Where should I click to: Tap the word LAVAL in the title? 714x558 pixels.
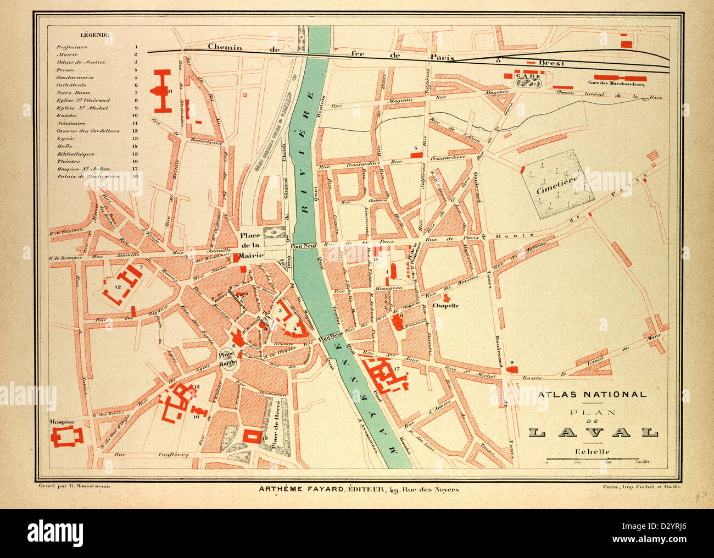pyautogui.click(x=593, y=432)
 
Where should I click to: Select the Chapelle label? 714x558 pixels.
pyautogui.click(x=445, y=305)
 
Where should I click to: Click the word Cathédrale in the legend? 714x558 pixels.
pyautogui.click(x=72, y=85)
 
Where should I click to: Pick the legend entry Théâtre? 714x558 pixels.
pyautogui.click(x=69, y=162)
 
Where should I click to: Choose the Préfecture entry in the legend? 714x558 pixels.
pyautogui.click(x=72, y=47)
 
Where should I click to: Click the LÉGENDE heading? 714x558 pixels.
pyautogui.click(x=95, y=35)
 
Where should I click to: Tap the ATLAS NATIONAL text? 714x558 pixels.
pyautogui.click(x=592, y=394)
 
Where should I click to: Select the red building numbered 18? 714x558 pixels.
pyautogui.click(x=253, y=435)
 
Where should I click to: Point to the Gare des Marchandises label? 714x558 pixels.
pyautogui.click(x=616, y=84)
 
